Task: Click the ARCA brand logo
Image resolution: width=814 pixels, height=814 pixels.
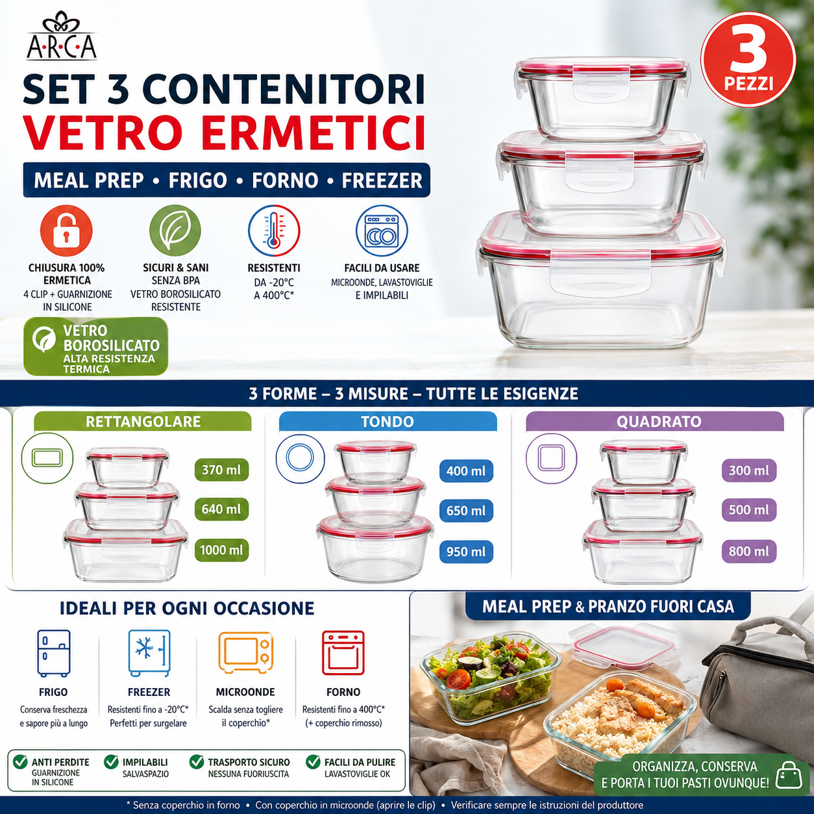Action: [62, 36]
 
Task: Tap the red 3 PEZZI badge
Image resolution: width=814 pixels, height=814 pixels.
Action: [748, 59]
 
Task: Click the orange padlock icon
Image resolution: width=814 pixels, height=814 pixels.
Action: [66, 230]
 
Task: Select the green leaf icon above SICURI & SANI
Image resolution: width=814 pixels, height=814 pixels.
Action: [175, 230]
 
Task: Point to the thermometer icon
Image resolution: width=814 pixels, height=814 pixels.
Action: [274, 230]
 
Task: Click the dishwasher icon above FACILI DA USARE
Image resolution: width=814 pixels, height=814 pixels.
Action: [382, 230]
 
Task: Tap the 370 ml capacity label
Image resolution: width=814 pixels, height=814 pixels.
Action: [221, 470]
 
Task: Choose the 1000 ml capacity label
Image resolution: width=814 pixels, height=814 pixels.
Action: [221, 550]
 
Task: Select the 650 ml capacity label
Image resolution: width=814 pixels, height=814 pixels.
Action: [466, 511]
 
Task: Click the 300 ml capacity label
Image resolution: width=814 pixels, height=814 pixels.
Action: [749, 470]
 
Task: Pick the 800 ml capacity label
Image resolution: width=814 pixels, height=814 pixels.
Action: [749, 551]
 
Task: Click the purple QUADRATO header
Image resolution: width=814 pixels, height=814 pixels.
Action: [655, 421]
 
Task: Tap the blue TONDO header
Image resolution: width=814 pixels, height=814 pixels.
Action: [388, 421]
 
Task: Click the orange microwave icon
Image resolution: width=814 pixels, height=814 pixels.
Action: [246, 652]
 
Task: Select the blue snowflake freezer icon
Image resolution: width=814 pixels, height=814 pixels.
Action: [149, 653]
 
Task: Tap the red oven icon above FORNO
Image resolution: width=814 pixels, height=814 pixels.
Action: [343, 653]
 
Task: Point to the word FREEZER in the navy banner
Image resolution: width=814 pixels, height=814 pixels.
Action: [382, 180]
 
